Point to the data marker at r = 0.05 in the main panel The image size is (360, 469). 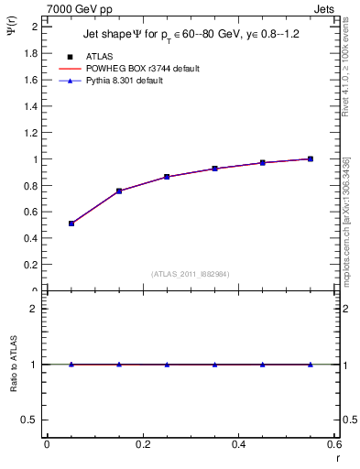click(x=71, y=224)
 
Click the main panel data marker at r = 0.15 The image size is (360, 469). click(x=119, y=191)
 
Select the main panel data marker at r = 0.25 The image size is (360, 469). click(x=167, y=177)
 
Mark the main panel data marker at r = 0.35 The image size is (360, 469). click(x=214, y=169)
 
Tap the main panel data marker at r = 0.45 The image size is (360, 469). click(x=263, y=162)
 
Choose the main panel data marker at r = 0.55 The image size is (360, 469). click(x=311, y=158)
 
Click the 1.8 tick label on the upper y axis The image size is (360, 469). click(x=31, y=53)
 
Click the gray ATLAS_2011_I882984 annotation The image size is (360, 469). click(x=191, y=274)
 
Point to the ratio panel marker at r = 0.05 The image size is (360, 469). click(x=71, y=365)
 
